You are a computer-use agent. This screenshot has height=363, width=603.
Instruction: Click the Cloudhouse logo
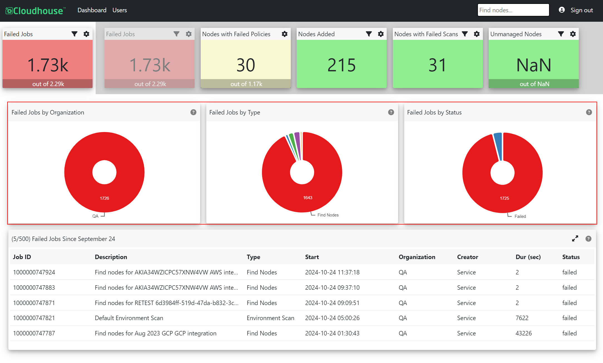coord(36,11)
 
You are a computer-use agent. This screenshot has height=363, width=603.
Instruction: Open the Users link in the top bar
coord(120,10)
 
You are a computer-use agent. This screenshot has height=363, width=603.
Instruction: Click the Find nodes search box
coord(513,10)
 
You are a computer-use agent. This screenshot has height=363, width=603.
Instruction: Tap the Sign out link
coord(582,10)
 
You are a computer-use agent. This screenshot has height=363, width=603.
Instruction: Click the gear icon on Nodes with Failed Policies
coord(284,34)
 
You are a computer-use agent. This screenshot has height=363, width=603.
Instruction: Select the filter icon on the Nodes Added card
coord(369,34)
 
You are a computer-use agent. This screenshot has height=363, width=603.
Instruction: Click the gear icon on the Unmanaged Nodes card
coord(573,34)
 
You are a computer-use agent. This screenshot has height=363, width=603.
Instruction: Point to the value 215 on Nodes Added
coord(341,65)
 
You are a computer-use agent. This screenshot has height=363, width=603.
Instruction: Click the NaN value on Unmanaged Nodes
coord(534,65)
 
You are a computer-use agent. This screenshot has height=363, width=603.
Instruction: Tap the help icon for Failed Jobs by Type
coord(391,112)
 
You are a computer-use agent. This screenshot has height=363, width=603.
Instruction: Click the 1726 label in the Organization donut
coord(105,198)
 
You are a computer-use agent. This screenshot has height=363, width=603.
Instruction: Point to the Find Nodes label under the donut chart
coord(328,215)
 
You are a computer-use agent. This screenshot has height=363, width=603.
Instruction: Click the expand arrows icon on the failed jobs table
coord(575,238)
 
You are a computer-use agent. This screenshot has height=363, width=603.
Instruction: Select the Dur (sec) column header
coord(528,257)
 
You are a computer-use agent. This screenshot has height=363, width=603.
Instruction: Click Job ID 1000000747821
coord(34,318)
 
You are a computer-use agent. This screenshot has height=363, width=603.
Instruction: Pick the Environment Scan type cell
coord(270,318)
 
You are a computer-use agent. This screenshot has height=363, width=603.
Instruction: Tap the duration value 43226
coord(523,333)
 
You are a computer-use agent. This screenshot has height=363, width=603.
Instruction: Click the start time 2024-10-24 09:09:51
coord(332,303)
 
